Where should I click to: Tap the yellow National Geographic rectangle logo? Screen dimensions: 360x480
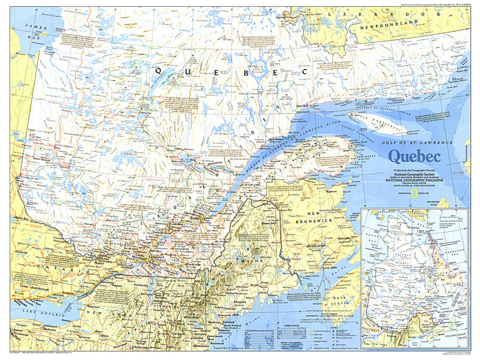414,193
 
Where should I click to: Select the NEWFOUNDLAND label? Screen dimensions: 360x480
389,25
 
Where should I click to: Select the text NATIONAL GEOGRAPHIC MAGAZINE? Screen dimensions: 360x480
414,179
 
